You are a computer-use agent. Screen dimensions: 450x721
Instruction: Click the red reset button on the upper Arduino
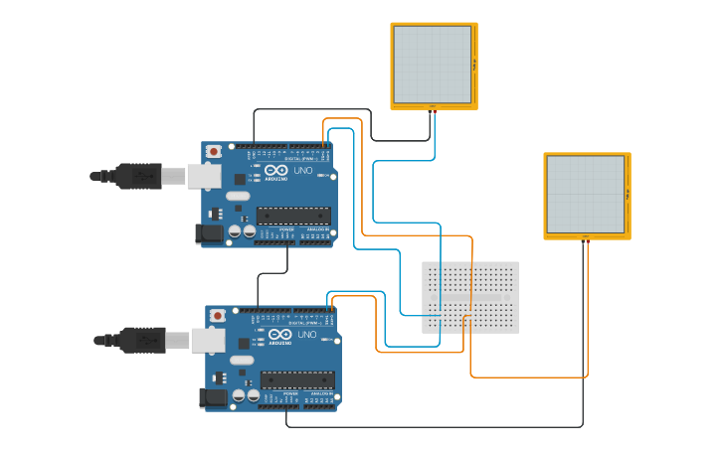pyautogui.click(x=213, y=151)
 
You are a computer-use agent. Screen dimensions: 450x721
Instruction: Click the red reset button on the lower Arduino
pyautogui.click(x=217, y=316)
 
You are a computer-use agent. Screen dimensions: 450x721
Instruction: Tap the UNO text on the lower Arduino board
pyautogui.click(x=307, y=335)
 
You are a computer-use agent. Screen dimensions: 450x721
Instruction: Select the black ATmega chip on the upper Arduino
pyautogui.click(x=293, y=215)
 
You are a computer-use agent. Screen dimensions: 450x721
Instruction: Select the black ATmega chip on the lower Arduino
pyautogui.click(x=297, y=379)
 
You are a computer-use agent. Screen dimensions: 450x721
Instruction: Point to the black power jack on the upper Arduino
pyautogui.click(x=209, y=233)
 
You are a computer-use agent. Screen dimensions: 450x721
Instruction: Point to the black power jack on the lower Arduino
pyautogui.click(x=213, y=398)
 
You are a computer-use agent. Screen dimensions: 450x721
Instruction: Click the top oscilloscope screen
pyautogui.click(x=433, y=64)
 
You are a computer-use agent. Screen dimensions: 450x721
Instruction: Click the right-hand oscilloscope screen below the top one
pyautogui.click(x=586, y=195)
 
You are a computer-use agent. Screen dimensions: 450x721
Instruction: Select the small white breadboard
pyautogui.click(x=470, y=297)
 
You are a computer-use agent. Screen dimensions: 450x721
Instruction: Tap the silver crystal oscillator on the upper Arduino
pyautogui.click(x=238, y=196)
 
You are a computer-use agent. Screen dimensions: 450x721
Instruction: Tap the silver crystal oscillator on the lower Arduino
pyautogui.click(x=242, y=361)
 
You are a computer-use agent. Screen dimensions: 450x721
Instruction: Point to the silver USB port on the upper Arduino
pyautogui.click(x=204, y=176)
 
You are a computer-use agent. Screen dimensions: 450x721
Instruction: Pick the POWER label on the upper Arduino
pyautogui.click(x=286, y=227)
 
